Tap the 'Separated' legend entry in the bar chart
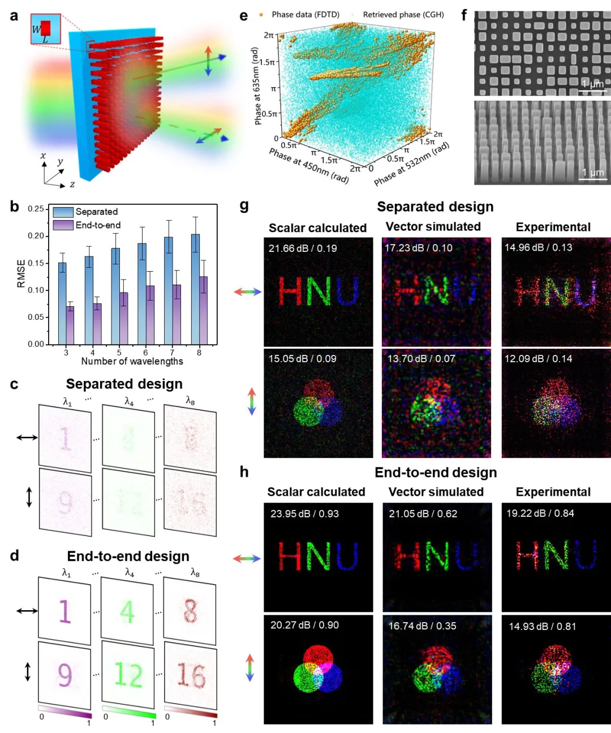pos(96,212)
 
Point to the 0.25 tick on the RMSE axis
pos(36,209)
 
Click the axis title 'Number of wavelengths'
pos(132,361)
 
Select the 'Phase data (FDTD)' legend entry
pos(305,14)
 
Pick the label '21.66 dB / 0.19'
pos(303,248)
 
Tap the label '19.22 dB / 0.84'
pos(540,513)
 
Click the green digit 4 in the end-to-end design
pos(127,611)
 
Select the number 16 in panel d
pos(191,675)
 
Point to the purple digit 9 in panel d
pos(65,675)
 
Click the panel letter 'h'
pos(244,472)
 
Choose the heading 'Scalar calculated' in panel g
pos(317,228)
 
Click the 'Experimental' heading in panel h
pos(553,492)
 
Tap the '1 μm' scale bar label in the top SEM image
pos(592,84)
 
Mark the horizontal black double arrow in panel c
pos(27,437)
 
